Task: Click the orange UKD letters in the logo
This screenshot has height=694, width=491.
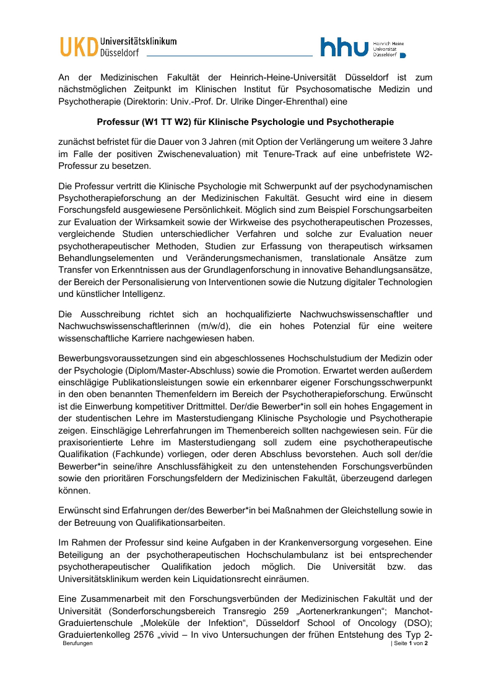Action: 79,47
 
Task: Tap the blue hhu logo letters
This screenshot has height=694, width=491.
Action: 344,47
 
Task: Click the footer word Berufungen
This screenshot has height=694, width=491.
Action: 77,644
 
